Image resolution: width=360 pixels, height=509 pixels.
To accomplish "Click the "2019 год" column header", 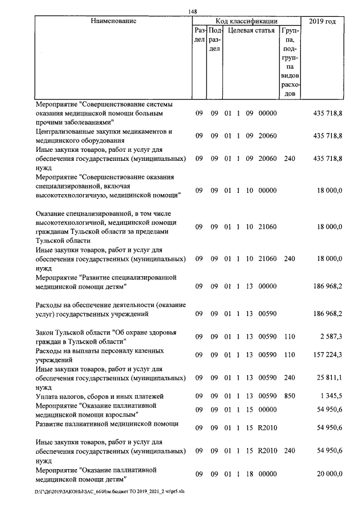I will point(322,21).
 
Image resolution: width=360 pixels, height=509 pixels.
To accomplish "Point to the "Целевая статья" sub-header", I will point(251,30).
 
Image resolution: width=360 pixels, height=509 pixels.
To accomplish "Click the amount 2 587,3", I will point(331,336).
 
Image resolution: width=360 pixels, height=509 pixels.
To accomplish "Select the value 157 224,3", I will point(327,355).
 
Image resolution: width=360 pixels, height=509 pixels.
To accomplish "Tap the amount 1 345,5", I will point(331,396).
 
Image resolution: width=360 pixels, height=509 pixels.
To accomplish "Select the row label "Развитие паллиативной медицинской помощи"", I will point(107,424).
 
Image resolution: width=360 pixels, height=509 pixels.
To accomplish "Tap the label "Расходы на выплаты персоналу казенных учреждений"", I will point(100,354).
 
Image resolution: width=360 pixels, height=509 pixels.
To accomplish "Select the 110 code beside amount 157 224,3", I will point(290,355).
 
